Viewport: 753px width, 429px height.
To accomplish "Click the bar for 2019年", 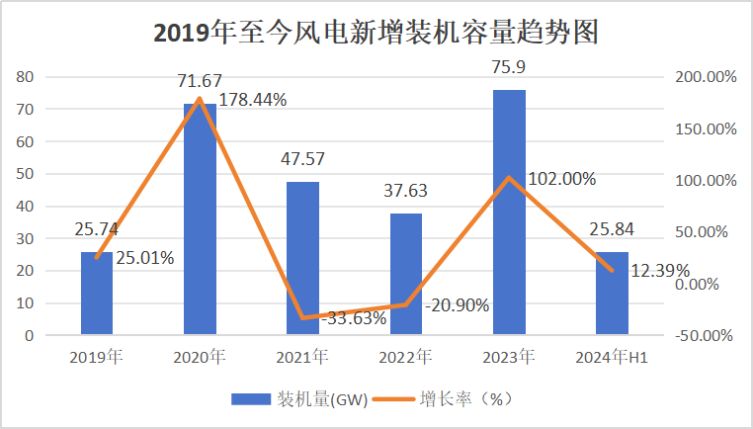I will pyautogui.click(x=97, y=297).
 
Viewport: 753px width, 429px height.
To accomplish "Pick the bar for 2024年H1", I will pyautogui.click(x=612, y=297).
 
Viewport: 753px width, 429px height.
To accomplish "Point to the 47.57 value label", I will pyautogui.click(x=302, y=159).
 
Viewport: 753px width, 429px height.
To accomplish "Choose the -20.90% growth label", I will pyautogui.click(x=457, y=305).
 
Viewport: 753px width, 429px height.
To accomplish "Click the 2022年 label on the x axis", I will pyautogui.click(x=405, y=356).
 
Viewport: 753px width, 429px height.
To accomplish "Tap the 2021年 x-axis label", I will pyautogui.click(x=302, y=356).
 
